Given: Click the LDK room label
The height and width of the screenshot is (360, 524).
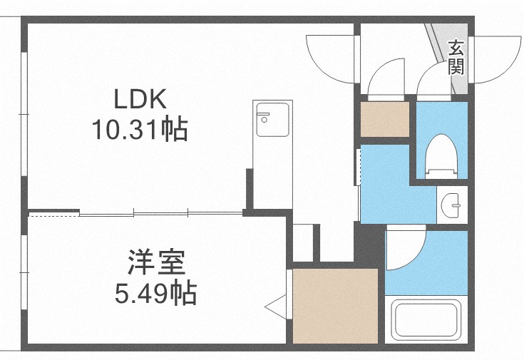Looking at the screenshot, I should (138, 98).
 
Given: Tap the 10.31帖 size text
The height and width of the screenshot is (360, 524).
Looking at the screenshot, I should (140, 129).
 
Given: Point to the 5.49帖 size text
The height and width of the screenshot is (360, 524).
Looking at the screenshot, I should (156, 292).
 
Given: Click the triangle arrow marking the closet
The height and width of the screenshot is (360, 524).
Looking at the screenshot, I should (275, 308).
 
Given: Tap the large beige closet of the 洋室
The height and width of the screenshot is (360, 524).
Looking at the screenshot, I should (334, 305).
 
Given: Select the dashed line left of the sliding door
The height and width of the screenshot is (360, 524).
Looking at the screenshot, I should (53, 212).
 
